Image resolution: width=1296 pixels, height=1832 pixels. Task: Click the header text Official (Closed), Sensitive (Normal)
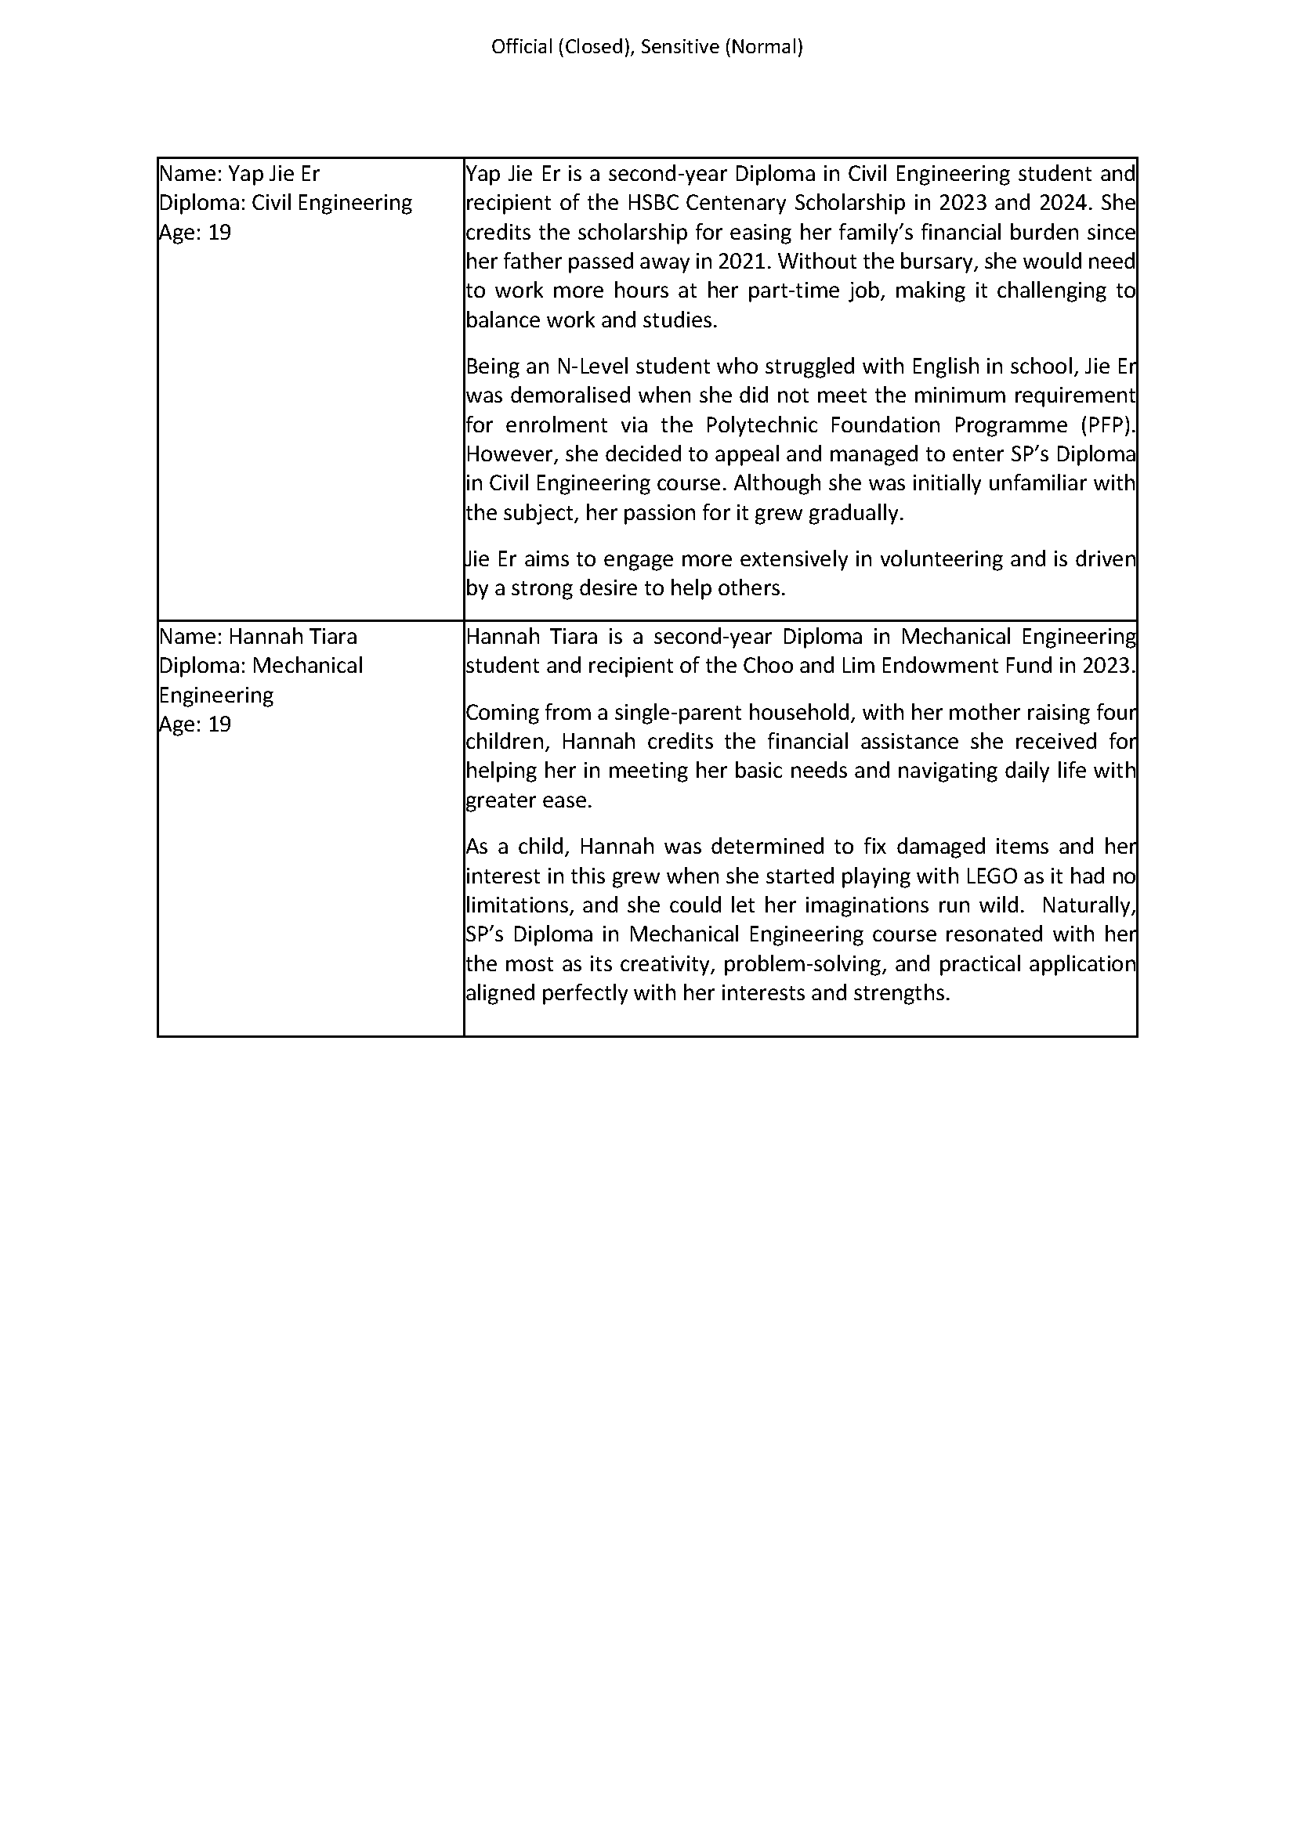click(x=647, y=47)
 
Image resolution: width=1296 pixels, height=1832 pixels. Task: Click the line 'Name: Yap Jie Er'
click(x=240, y=174)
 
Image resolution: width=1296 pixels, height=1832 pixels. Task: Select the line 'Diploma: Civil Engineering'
click(x=286, y=203)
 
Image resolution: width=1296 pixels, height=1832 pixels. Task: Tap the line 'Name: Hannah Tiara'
click(x=258, y=637)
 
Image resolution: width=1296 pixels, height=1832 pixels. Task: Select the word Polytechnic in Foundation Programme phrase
click(x=762, y=425)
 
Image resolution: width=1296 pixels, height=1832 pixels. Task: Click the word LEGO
click(x=991, y=876)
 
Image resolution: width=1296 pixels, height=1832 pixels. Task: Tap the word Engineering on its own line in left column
click(x=216, y=695)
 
